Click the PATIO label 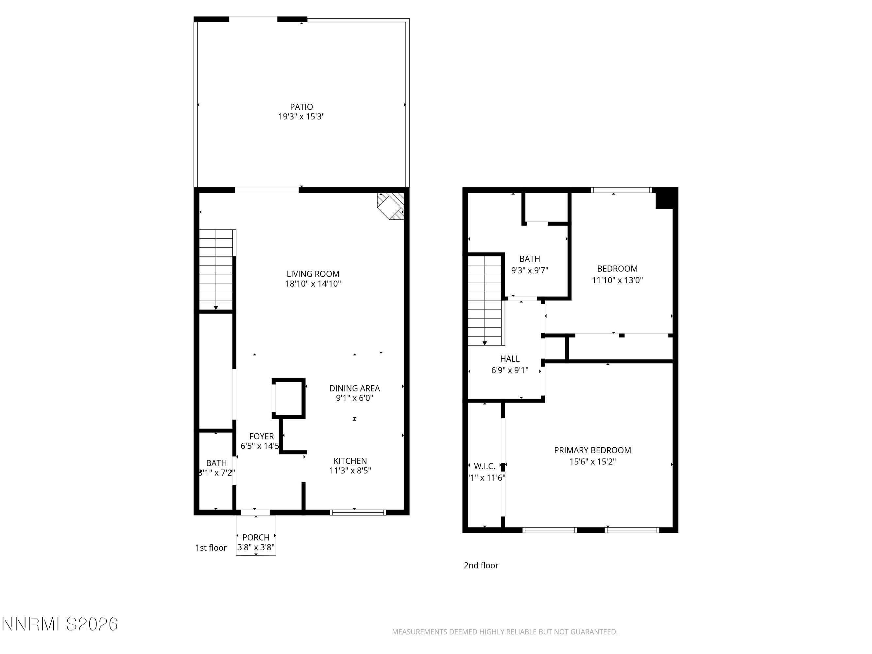tap(301, 107)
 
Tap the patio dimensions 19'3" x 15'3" tap(301, 117)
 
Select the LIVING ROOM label tap(313, 274)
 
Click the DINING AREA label tap(354, 388)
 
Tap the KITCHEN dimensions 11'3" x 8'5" tap(350, 471)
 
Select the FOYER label tap(261, 437)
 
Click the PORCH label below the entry tap(256, 537)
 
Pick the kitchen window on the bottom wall tap(358, 512)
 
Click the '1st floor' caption tap(211, 548)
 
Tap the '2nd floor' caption tap(481, 565)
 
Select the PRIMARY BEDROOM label tap(592, 450)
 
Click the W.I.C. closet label tap(484, 466)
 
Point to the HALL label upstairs tap(510, 359)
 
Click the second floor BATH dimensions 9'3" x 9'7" tap(529, 270)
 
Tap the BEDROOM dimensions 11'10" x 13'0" tap(617, 280)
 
